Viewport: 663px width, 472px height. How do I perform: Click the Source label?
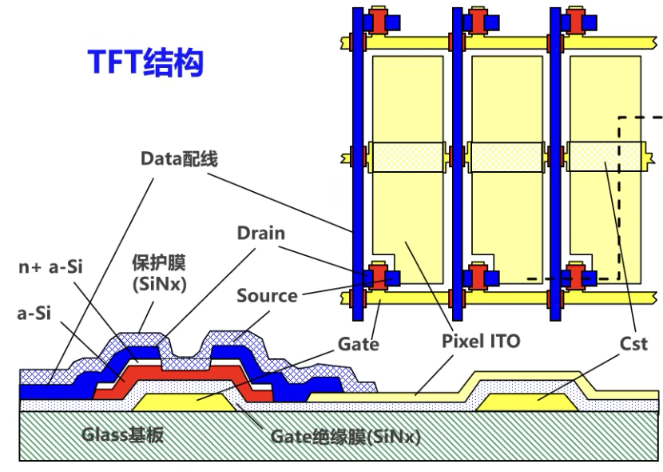267,295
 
